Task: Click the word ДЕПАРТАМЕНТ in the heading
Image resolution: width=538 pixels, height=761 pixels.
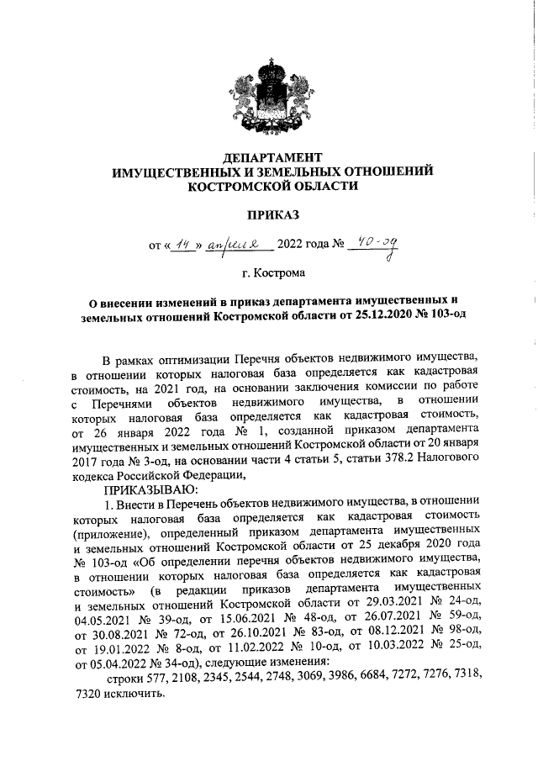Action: click(x=273, y=157)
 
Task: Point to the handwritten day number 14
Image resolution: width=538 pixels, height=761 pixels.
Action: click(x=177, y=245)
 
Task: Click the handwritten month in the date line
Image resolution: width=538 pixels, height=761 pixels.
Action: click(x=228, y=246)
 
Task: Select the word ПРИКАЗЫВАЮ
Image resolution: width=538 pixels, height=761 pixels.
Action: click(x=149, y=489)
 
